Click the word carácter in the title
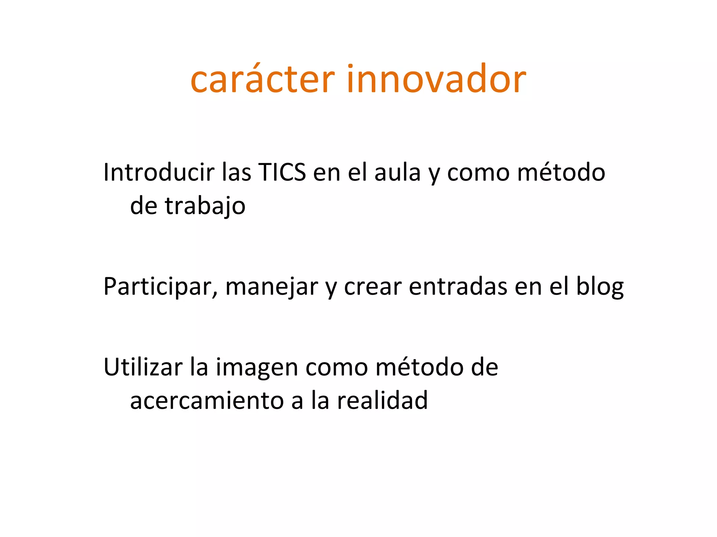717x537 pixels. pyautogui.click(x=263, y=80)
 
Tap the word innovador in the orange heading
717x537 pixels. pyautogui.click(x=436, y=80)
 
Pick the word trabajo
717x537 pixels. pyautogui.click(x=205, y=206)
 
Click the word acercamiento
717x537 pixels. pyautogui.click(x=207, y=401)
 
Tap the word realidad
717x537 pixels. pyautogui.click(x=382, y=400)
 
